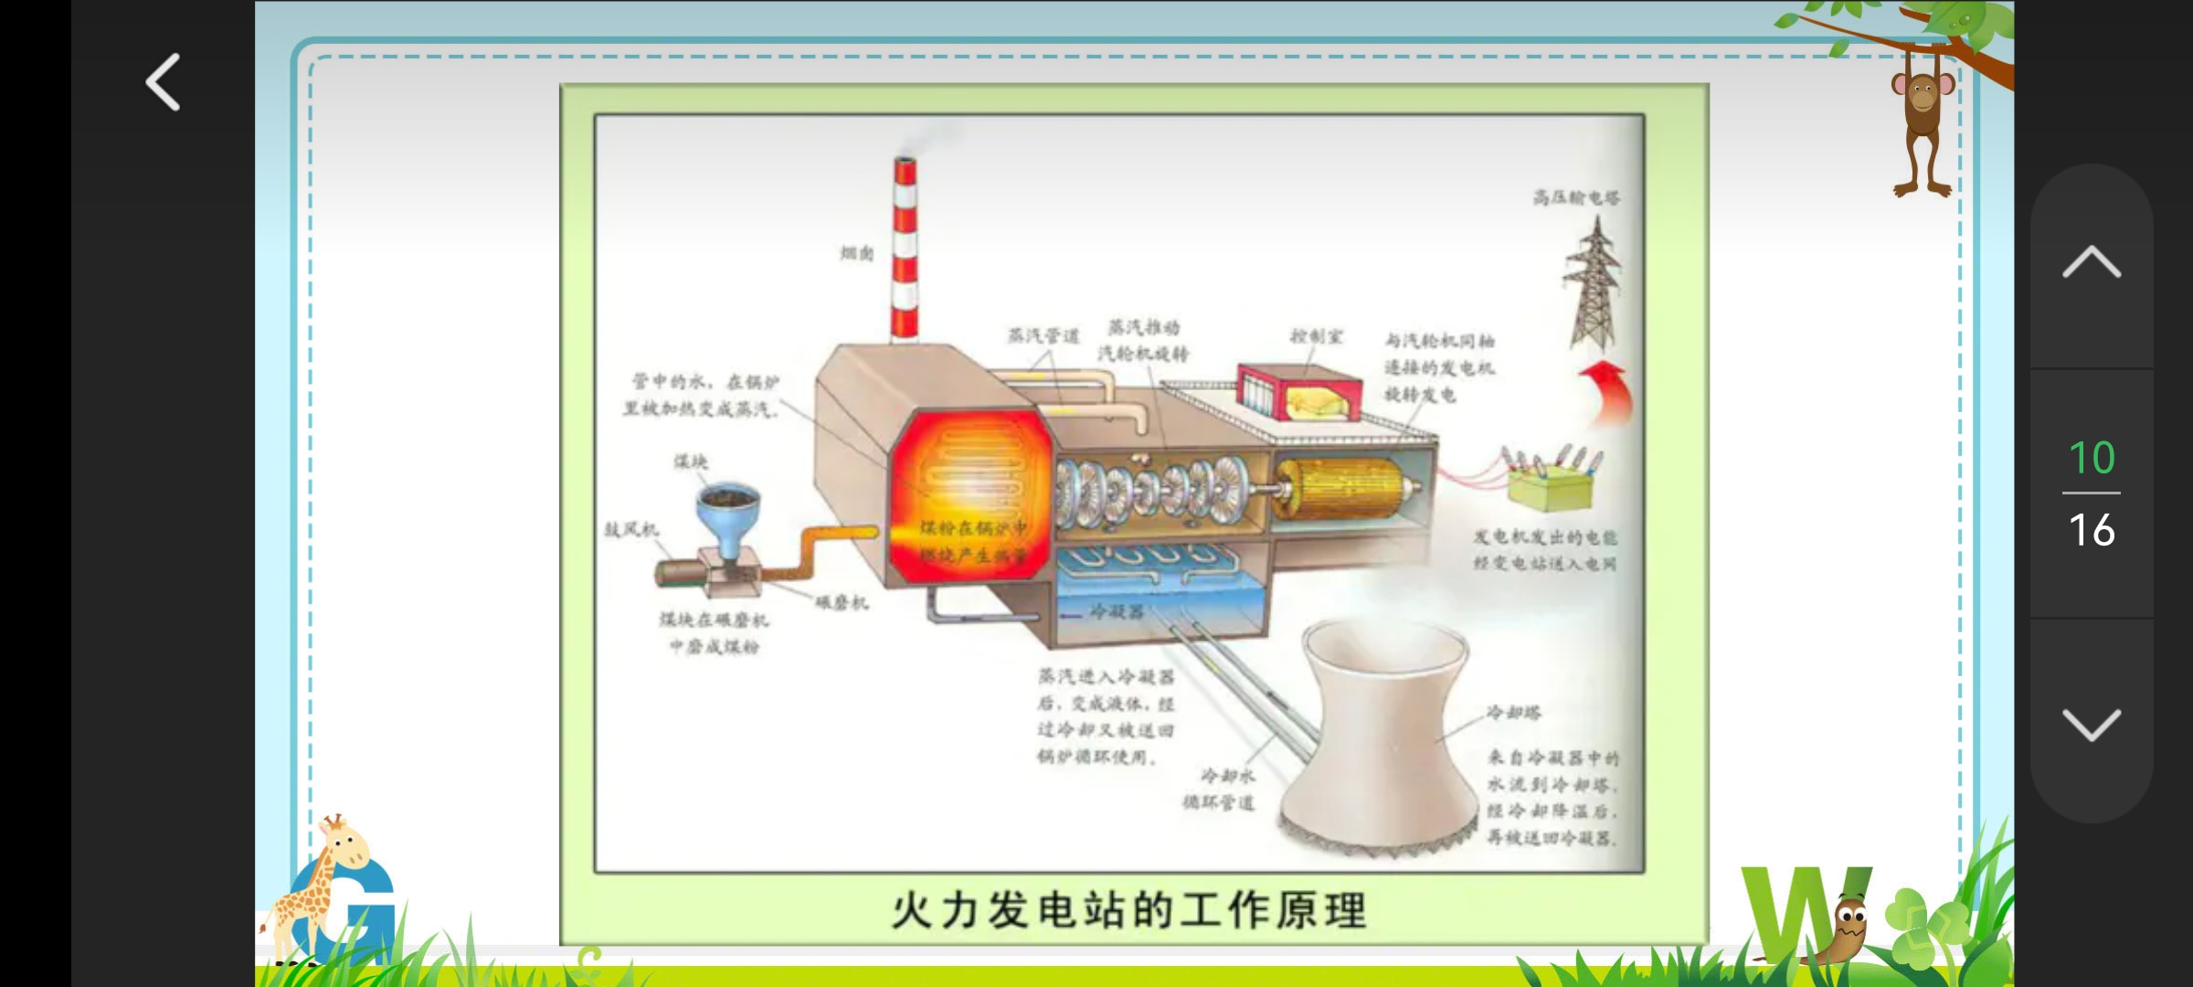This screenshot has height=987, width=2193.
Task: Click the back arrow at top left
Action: point(164,82)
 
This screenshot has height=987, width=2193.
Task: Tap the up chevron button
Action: point(2091,262)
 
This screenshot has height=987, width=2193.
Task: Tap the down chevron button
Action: point(2091,725)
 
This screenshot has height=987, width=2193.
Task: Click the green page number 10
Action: point(2091,457)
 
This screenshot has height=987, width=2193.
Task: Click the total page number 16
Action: point(2091,530)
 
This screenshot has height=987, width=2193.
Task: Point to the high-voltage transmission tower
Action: point(1594,283)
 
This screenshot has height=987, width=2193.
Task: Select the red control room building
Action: point(1298,393)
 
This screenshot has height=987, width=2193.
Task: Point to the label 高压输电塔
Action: point(1575,197)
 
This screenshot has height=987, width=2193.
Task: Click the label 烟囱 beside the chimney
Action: point(856,253)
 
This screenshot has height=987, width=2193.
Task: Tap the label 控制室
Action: point(1316,336)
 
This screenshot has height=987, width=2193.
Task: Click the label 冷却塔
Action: point(1513,712)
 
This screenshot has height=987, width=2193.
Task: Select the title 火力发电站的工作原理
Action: point(1129,910)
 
